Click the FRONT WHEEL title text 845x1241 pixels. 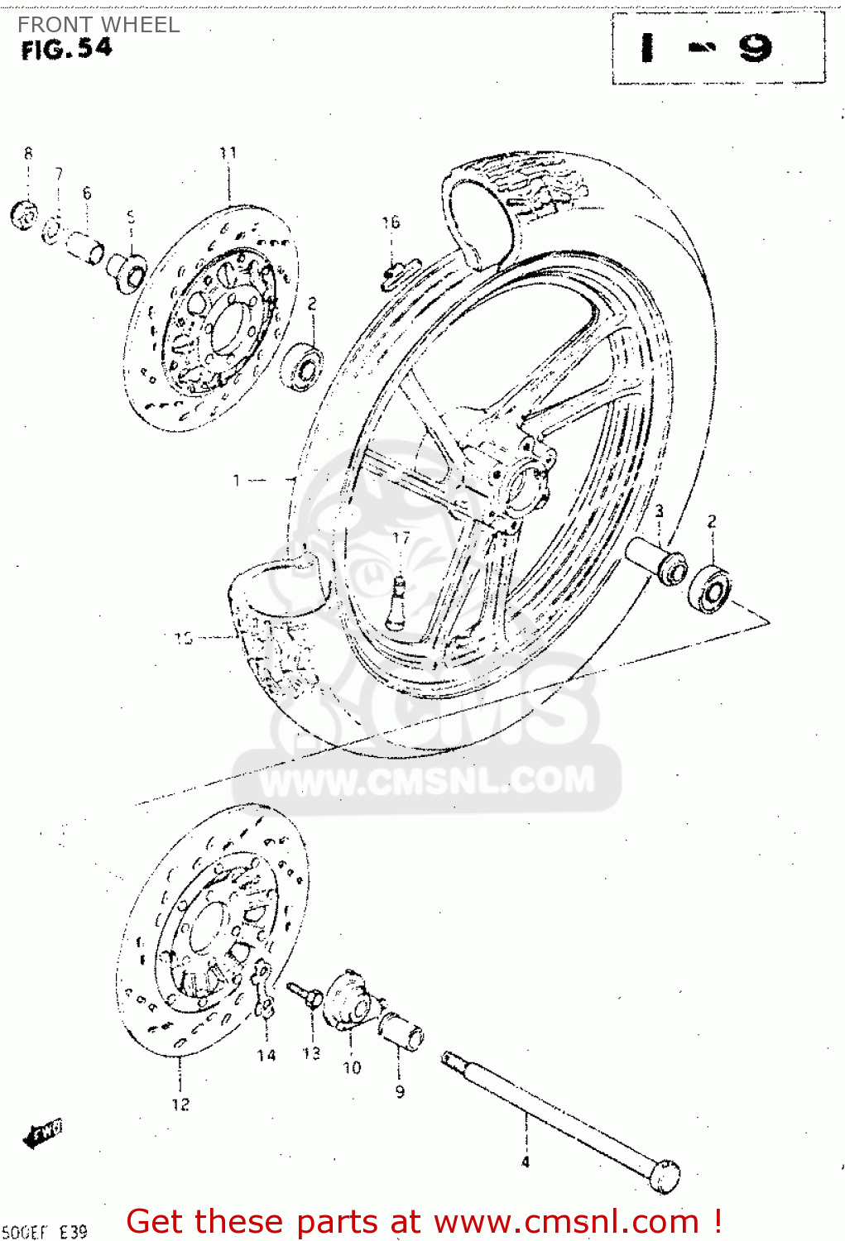[x=98, y=25]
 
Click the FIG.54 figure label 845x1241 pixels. [x=66, y=50]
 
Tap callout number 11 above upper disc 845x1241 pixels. [x=228, y=153]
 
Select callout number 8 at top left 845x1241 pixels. [x=28, y=153]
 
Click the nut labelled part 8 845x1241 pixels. [x=24, y=216]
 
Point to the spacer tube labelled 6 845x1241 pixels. [x=84, y=247]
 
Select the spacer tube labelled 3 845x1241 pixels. [x=658, y=560]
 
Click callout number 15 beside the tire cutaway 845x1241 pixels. [x=184, y=638]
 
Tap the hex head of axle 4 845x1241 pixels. [x=664, y=1176]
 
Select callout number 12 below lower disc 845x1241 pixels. [x=180, y=1104]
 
